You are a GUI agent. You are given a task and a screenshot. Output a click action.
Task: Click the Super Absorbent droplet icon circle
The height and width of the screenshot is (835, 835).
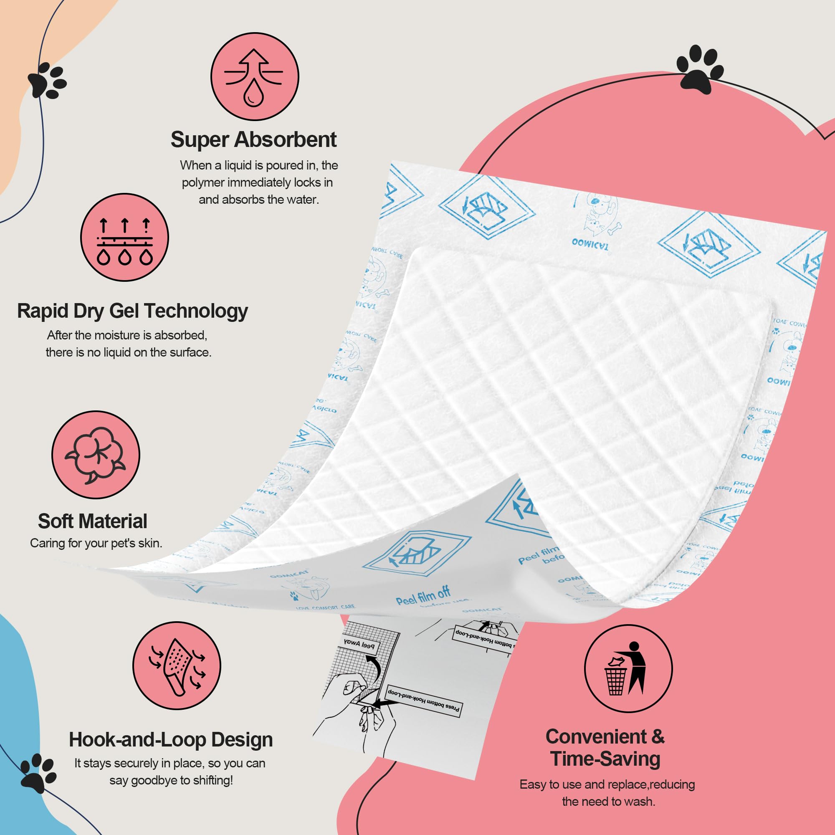point(255,76)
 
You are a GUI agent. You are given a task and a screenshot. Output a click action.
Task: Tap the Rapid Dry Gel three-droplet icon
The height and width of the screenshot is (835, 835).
point(124,237)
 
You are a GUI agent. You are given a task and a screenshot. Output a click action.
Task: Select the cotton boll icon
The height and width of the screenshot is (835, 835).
point(96,455)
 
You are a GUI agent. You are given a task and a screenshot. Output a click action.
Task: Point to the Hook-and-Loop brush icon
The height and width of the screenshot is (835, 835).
point(177,665)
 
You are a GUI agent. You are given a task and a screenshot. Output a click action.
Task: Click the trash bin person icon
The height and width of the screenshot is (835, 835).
point(628,668)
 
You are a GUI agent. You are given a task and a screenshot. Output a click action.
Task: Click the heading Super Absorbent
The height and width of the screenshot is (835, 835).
point(253,139)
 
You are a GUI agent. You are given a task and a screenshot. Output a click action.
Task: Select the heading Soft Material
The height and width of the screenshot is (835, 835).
point(93,521)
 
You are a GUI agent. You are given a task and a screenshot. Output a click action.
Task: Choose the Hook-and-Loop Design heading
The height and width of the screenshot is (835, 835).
point(171,739)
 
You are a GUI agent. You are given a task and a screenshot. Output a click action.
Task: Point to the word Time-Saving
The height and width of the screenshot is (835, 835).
point(605,759)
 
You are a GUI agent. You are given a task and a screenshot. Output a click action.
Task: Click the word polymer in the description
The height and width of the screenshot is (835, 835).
point(203,183)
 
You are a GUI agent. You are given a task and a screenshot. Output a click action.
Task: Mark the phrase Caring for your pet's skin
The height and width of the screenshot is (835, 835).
point(96,543)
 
